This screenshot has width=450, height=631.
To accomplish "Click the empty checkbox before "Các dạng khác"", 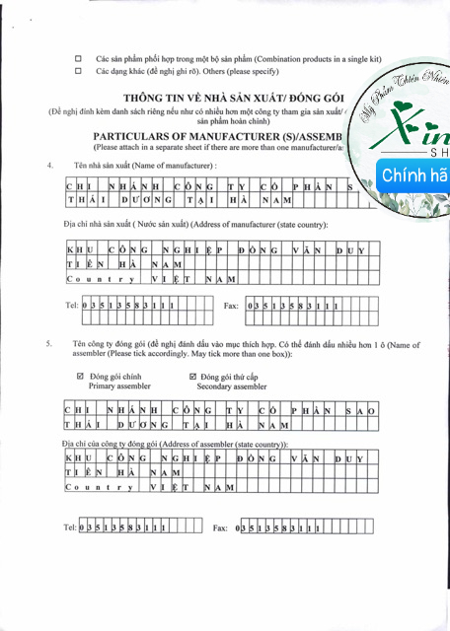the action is coord(79,72).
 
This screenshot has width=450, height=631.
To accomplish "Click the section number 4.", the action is coord(49,165).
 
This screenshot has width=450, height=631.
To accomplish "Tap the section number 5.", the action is coord(49,344).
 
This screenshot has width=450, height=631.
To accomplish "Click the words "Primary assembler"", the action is coord(120,387).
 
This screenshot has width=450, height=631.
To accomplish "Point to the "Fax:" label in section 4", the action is coord(232,307).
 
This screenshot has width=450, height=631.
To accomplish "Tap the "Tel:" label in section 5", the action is coord(69,528).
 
